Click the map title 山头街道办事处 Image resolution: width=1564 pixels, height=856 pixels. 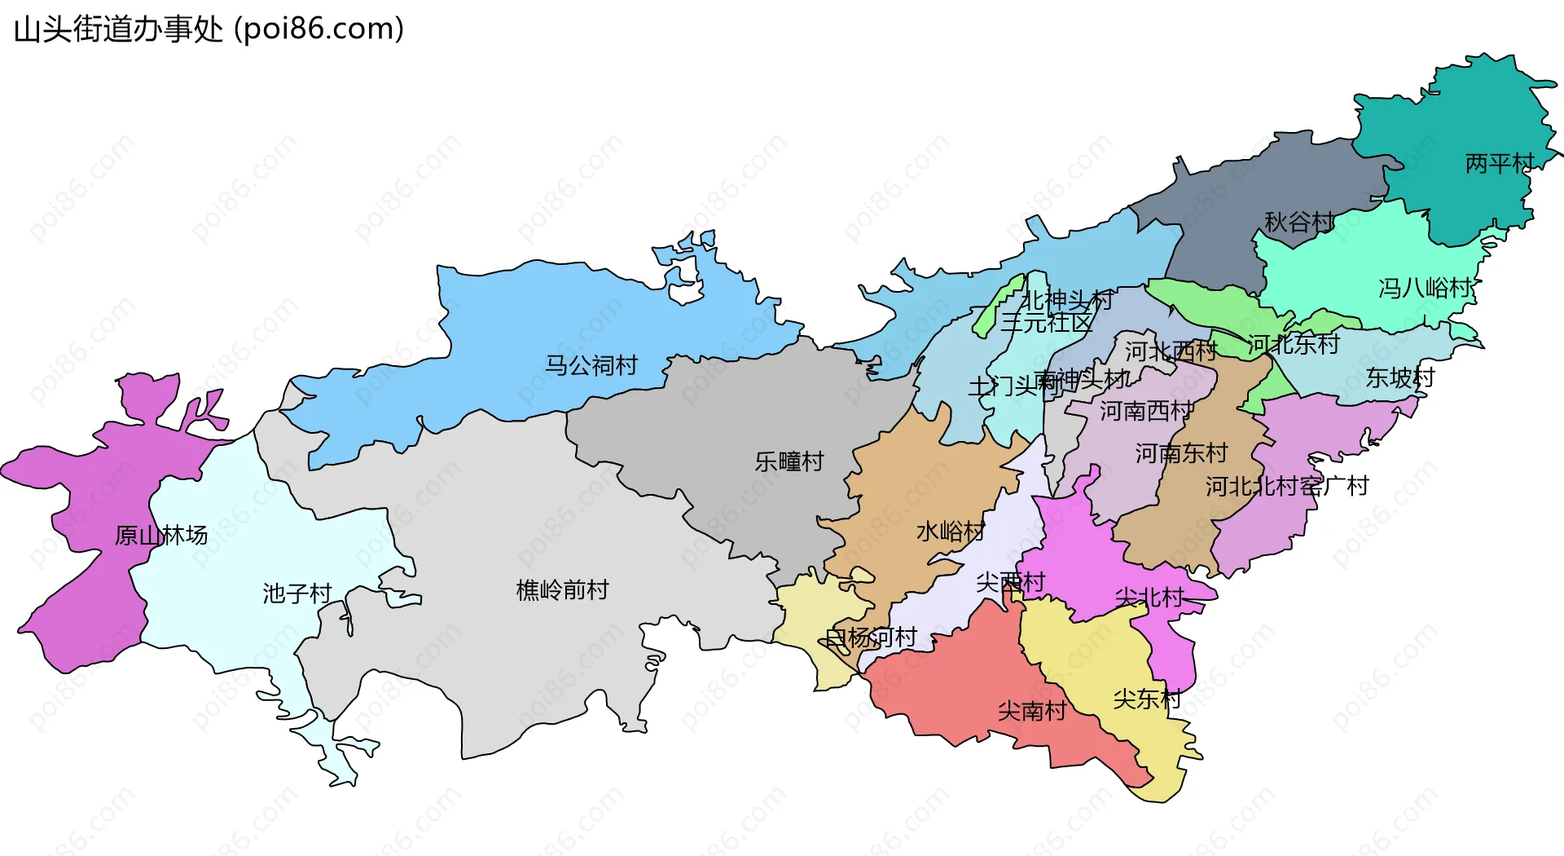(x=118, y=29)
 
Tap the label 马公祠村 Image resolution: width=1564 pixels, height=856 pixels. (x=591, y=365)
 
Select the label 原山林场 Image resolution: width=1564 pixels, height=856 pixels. (x=161, y=536)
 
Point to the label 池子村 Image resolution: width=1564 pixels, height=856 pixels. (x=297, y=593)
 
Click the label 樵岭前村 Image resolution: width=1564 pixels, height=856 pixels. (x=562, y=590)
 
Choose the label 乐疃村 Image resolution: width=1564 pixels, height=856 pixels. (x=789, y=461)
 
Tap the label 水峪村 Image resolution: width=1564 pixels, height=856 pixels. (x=950, y=532)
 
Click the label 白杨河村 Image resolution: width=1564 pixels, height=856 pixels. (x=871, y=638)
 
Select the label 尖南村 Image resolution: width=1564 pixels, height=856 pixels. (x=1031, y=711)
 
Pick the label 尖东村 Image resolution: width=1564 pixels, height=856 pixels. (x=1146, y=699)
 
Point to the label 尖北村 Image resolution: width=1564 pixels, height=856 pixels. (x=1149, y=598)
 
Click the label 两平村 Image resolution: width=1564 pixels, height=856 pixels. (x=1499, y=164)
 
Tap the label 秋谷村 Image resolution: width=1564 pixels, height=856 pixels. (x=1298, y=222)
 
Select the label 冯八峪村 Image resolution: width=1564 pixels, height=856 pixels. (x=1425, y=288)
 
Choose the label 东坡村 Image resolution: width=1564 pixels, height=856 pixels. (x=1399, y=377)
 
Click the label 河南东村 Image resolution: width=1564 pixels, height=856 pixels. (x=1181, y=453)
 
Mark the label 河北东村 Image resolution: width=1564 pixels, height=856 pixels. (x=1293, y=345)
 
